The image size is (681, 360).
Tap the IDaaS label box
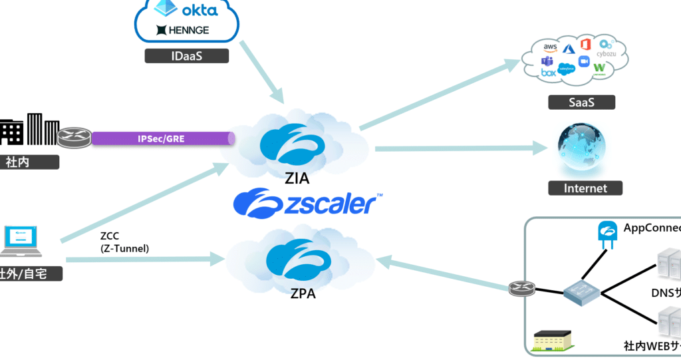(x=187, y=57)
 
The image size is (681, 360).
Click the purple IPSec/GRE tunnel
(x=163, y=138)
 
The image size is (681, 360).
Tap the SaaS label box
(x=581, y=102)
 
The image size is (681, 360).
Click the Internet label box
(x=585, y=188)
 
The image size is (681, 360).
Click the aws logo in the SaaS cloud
(x=551, y=47)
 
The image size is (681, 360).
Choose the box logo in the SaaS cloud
(x=548, y=73)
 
